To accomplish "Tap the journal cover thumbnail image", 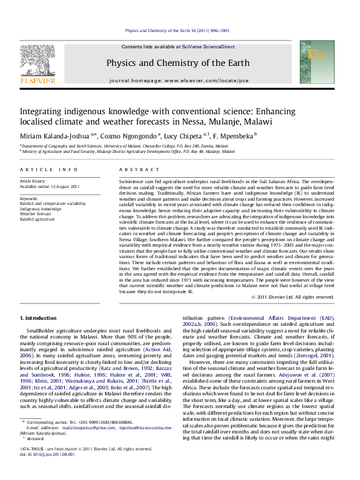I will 321,62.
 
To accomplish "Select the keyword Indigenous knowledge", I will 44,209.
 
